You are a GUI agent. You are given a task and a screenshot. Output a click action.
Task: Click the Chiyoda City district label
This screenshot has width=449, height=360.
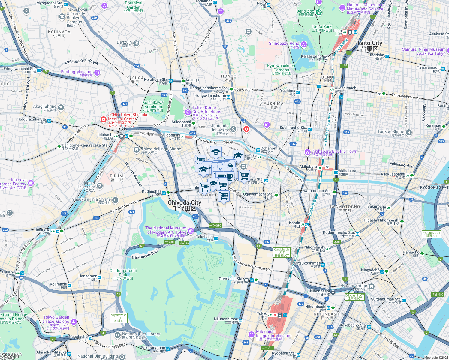click(184, 205)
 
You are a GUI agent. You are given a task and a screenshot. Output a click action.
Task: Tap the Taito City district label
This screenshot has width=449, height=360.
click(369, 46)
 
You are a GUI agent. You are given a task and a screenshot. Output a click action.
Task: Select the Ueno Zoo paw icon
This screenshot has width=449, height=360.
click(318, 12)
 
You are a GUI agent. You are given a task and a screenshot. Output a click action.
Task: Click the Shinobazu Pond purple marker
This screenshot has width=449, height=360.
click(304, 45)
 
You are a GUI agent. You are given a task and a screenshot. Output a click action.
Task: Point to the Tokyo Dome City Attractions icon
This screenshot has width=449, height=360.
click(188, 112)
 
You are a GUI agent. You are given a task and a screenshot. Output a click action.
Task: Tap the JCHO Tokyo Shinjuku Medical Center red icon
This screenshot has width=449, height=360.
click(104, 120)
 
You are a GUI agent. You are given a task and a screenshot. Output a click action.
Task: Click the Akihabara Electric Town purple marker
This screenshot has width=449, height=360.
click(307, 152)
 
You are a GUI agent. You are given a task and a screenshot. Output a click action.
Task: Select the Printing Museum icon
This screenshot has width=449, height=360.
click(97, 73)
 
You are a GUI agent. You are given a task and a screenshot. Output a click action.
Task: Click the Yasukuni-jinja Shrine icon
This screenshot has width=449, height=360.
click(115, 200)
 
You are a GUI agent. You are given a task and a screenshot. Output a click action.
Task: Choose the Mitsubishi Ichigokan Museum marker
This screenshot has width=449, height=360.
click(252, 334)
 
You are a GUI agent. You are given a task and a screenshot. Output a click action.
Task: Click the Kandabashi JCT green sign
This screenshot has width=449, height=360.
click(282, 253)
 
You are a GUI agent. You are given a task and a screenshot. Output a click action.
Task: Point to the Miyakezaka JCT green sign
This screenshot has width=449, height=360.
click(119, 318)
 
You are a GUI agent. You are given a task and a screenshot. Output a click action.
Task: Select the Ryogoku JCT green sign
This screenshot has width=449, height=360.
click(431, 234)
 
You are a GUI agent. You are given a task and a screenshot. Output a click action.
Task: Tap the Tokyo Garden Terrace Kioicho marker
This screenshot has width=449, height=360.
click(74, 322)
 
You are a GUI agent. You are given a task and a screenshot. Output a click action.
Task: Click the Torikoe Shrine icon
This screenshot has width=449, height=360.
click(408, 132)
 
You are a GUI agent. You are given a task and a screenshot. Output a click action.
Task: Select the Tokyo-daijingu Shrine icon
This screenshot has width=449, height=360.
click(137, 149)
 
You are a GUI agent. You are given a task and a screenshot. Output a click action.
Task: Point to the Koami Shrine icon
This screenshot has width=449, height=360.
click(372, 286)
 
